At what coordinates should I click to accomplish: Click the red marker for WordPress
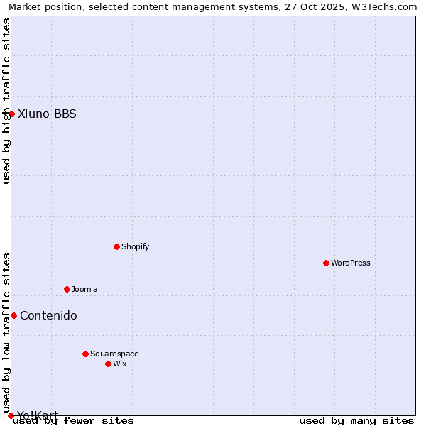[326, 263]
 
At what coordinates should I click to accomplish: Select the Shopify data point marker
[116, 246]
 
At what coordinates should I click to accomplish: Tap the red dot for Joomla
[67, 289]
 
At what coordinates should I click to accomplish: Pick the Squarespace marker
[85, 354]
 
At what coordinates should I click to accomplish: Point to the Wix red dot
[108, 364]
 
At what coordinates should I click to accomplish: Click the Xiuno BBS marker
[11, 114]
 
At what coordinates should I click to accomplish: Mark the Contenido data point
[13, 315]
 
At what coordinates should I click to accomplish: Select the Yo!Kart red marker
[11, 415]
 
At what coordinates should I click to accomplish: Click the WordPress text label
[351, 263]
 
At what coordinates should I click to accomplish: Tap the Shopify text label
[135, 246]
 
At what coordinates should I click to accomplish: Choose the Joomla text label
[84, 289]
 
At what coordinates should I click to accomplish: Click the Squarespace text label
[114, 354]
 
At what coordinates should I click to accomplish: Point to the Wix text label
[119, 364]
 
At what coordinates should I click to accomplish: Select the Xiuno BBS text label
[47, 114]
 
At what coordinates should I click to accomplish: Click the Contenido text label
[48, 315]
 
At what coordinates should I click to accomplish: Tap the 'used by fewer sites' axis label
[73, 421]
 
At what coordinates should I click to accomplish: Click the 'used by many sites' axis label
[356, 421]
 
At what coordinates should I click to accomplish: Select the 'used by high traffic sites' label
[6, 102]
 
